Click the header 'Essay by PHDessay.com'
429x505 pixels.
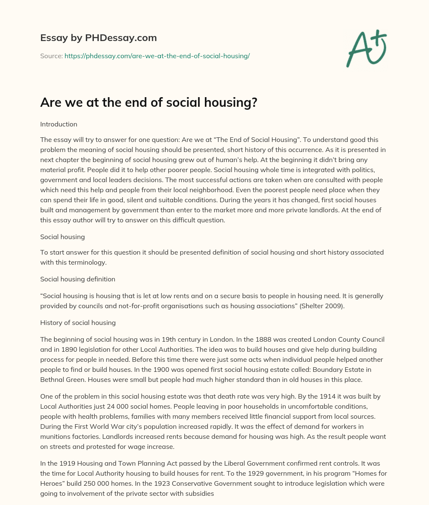click(98, 38)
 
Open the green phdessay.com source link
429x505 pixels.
click(157, 56)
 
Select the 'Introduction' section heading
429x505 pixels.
click(59, 124)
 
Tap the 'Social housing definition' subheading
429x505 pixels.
click(78, 279)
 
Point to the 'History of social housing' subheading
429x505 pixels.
click(78, 322)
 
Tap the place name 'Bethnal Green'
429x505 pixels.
click(60, 379)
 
